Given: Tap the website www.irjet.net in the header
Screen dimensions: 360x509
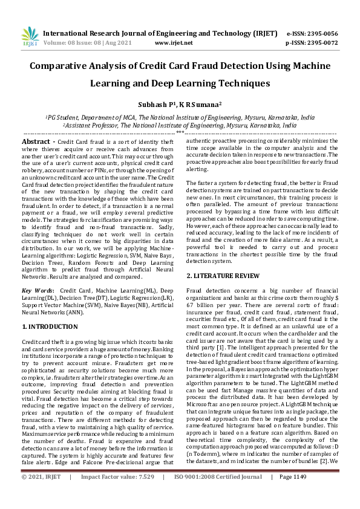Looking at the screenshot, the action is click(174, 43).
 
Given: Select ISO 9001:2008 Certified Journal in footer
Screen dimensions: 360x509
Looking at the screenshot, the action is click(216, 494).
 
